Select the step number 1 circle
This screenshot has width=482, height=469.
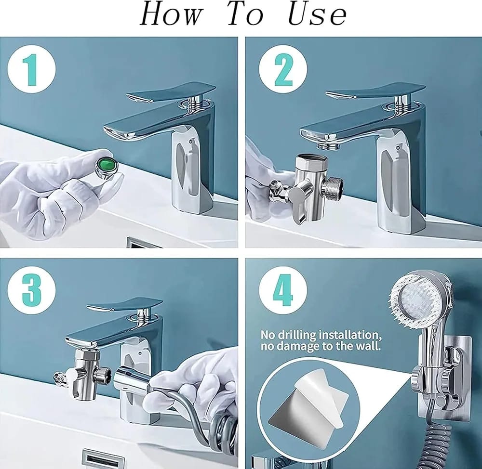coord(32,70)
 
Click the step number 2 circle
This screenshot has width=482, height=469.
coord(283,70)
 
